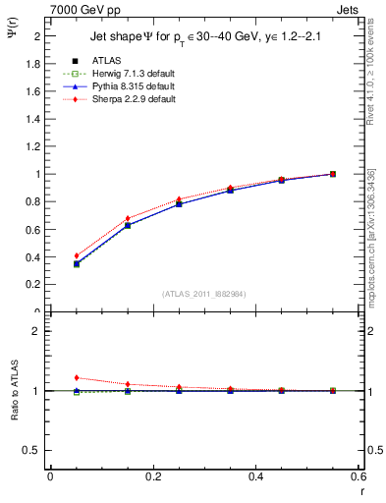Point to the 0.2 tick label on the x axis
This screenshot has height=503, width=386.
point(152,477)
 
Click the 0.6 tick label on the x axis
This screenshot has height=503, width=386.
point(358,477)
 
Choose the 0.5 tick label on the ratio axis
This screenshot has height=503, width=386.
point(32,450)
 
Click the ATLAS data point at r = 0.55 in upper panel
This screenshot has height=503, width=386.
point(333,174)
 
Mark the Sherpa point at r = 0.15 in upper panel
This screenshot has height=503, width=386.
point(128,218)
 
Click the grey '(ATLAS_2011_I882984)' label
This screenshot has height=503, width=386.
point(204,294)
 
